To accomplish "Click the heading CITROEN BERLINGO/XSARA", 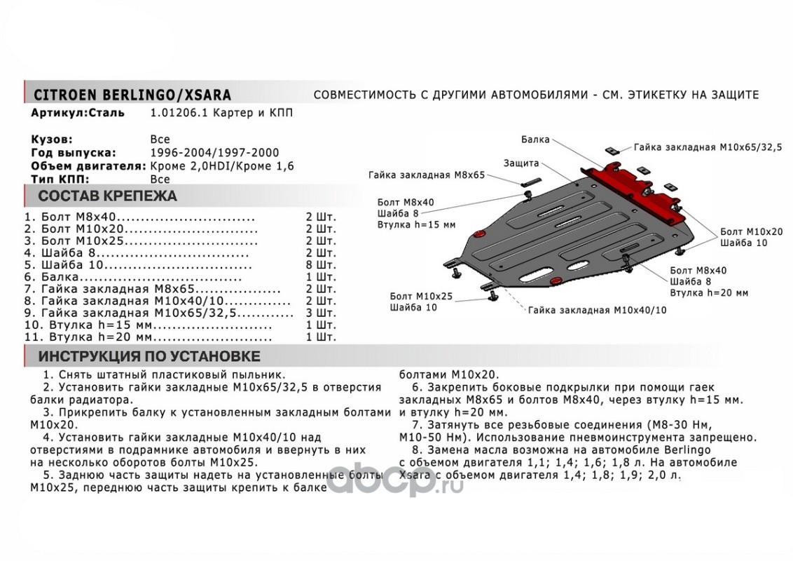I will (132, 95).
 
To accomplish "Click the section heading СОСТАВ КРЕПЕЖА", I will (107, 196).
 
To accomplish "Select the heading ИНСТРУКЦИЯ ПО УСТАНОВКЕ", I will (149, 356).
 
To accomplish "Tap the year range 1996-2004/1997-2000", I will (214, 153).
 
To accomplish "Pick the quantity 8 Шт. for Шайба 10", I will (321, 266).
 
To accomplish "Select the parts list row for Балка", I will (133, 278).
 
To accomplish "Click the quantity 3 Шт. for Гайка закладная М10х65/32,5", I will (321, 313).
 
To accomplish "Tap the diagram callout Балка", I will (535, 140).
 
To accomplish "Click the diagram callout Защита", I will (521, 163).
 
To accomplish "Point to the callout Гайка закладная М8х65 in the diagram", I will (427, 175).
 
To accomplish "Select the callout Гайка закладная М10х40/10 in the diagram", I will (598, 309).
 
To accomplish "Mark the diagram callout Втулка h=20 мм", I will (709, 292).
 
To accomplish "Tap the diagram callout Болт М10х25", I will (421, 297).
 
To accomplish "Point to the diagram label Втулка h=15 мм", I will (415, 224).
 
